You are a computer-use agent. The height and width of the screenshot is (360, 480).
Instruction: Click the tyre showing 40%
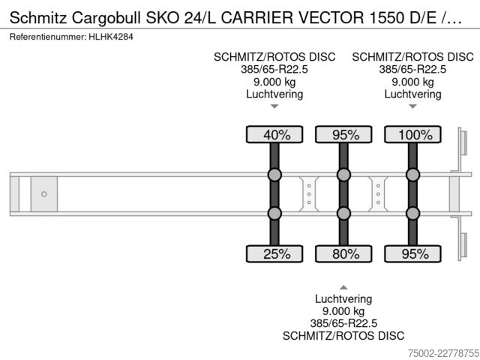tap(274, 134)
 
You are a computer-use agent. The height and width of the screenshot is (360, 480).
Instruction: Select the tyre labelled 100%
tap(412, 134)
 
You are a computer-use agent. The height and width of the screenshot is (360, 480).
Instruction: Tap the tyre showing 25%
tap(274, 253)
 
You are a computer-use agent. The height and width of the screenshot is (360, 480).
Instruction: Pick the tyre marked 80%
tap(343, 253)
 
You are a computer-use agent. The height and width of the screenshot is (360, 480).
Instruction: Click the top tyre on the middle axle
tap(343, 134)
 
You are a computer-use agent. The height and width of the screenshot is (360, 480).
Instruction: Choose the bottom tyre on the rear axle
tap(412, 253)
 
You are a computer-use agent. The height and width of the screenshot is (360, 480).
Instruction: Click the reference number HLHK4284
tap(111, 37)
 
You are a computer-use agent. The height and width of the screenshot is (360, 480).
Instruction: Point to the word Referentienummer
tap(48, 37)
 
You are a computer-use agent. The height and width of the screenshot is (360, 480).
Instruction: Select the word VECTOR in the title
tap(331, 18)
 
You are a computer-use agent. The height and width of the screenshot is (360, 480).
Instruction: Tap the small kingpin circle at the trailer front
tap(44, 194)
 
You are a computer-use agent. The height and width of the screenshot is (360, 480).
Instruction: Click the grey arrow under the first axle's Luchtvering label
tap(274, 106)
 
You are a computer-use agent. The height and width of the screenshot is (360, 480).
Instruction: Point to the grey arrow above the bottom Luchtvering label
tap(343, 287)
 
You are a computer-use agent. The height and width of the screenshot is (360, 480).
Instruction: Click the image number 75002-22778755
tap(443, 353)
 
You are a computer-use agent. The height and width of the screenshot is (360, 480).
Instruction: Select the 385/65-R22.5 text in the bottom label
tap(343, 323)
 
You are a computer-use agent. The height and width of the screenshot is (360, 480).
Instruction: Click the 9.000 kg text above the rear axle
tap(412, 82)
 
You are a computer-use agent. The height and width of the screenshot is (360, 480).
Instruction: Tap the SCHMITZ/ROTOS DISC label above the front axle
tap(274, 57)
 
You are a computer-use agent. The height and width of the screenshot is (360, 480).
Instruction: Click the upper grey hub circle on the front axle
tap(274, 175)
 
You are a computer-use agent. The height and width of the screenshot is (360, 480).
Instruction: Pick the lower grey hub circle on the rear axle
tap(412, 213)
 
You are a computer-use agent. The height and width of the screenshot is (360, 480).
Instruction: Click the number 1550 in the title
tap(387, 18)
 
